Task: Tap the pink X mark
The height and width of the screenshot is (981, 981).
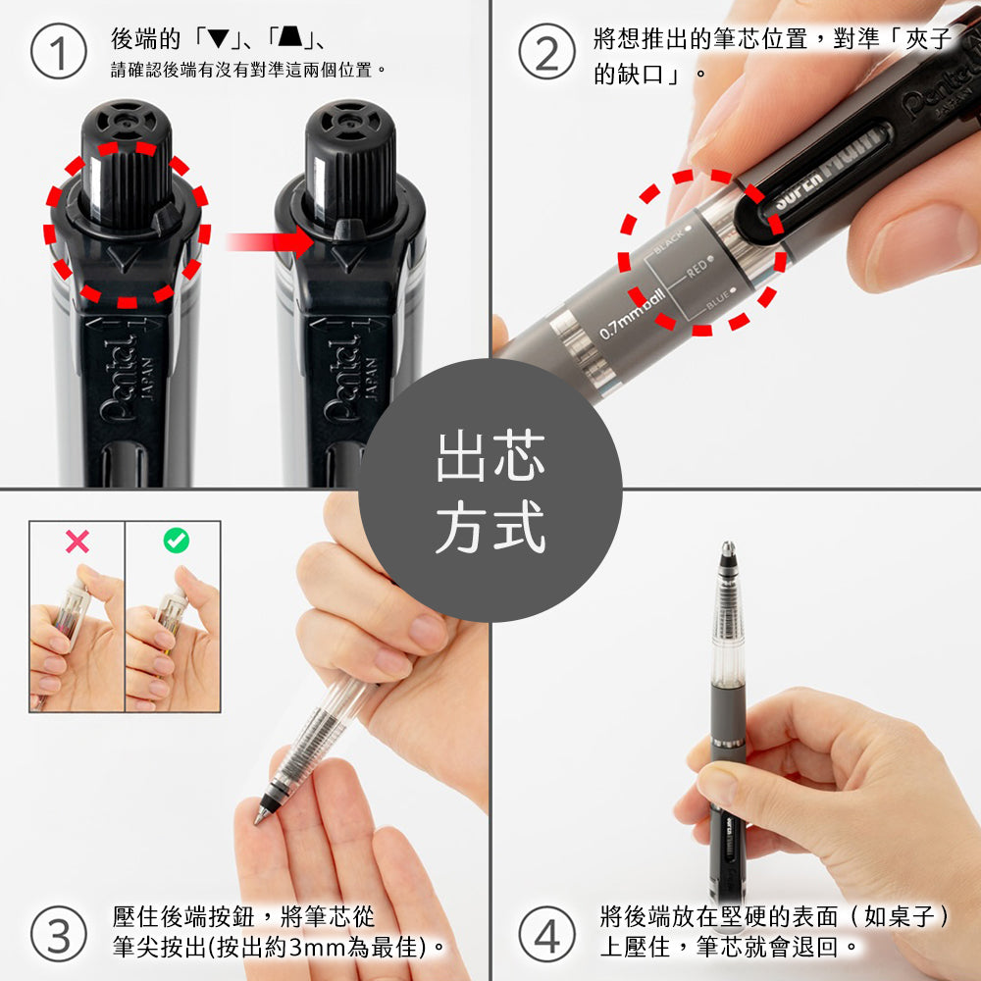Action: [77, 541]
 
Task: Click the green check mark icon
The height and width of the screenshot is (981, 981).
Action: [176, 540]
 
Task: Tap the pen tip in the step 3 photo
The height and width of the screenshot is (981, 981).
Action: [261, 817]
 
